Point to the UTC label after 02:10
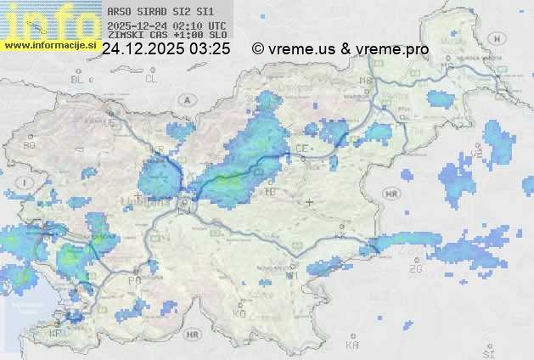tap(216, 26)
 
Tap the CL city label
tap(151, 79)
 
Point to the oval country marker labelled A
tap(185, 99)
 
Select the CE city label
tap(301, 148)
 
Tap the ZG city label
tap(415, 268)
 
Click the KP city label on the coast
tap(56, 334)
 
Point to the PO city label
tap(133, 279)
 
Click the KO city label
tap(239, 313)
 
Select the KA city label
tap(352, 346)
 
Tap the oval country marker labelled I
tap(26, 183)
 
